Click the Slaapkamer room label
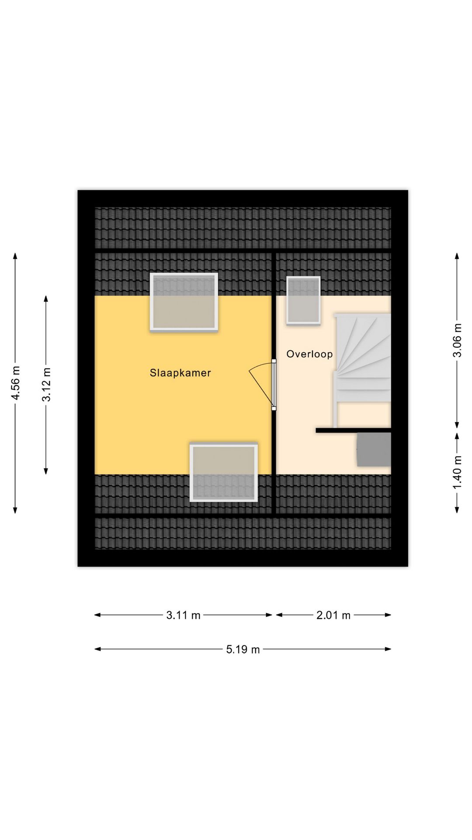click(180, 373)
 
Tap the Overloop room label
click(309, 354)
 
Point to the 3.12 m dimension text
click(46, 385)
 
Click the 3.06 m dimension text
click(457, 340)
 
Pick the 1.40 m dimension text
click(457, 473)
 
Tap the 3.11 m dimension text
click(183, 616)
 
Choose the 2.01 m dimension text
click(333, 616)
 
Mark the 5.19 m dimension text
click(243, 650)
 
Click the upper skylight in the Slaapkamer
click(184, 302)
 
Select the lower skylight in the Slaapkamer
click(224, 472)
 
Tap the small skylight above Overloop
click(303, 301)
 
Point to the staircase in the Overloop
click(361, 370)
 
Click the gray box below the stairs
click(374, 449)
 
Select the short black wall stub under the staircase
click(353, 430)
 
